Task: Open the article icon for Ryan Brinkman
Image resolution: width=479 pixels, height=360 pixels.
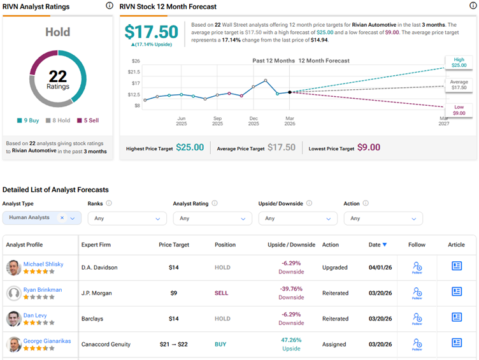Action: (x=457, y=291)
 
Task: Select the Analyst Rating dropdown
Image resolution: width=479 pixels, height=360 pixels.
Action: (x=212, y=219)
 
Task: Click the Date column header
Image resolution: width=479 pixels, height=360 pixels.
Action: (x=374, y=245)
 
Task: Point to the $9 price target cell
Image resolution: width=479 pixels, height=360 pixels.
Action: (x=173, y=293)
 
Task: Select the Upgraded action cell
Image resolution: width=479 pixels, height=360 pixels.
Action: (x=335, y=268)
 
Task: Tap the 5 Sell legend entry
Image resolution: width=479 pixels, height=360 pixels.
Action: (x=88, y=120)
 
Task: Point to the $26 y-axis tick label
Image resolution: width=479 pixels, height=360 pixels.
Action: (x=135, y=61)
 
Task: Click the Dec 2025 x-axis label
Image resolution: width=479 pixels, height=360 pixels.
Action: (x=254, y=121)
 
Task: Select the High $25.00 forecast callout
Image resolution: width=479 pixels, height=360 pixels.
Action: (x=459, y=62)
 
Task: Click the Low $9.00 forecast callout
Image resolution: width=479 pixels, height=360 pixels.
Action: (x=459, y=110)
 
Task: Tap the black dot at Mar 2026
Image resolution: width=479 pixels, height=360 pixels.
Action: (x=290, y=92)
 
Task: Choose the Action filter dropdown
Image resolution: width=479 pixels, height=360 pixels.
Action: (x=383, y=219)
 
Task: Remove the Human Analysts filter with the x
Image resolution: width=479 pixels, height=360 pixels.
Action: (x=62, y=218)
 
